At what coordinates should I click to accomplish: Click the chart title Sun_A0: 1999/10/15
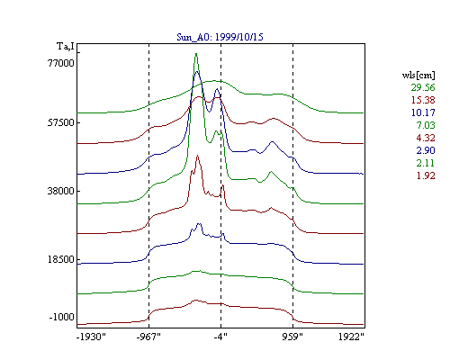tap(220, 37)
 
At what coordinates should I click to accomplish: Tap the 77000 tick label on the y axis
tap(61, 63)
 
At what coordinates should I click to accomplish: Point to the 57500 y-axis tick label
tap(61, 122)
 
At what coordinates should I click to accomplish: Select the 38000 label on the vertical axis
tap(61, 191)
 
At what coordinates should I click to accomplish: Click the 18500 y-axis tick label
tap(61, 259)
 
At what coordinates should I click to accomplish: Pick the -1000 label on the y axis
tap(61, 317)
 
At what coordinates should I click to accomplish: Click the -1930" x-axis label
tap(91, 337)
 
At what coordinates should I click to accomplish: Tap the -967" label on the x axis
tap(148, 337)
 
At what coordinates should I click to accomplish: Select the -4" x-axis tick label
tap(220, 337)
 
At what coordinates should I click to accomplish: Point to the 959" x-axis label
tap(292, 337)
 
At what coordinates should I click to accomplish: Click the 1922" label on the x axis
tap(351, 337)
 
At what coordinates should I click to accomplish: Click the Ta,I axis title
tap(66, 47)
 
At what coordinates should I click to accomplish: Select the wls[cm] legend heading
tap(418, 75)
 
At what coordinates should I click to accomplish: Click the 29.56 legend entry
tap(423, 87)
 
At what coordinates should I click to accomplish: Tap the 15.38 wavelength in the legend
tap(423, 100)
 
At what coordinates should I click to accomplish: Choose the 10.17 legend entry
tap(423, 112)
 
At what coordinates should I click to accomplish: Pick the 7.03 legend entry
tap(426, 125)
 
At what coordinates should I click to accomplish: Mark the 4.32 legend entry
tap(426, 138)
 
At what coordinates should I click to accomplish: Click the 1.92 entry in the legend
tap(426, 175)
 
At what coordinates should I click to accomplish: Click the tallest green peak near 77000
tap(196, 54)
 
